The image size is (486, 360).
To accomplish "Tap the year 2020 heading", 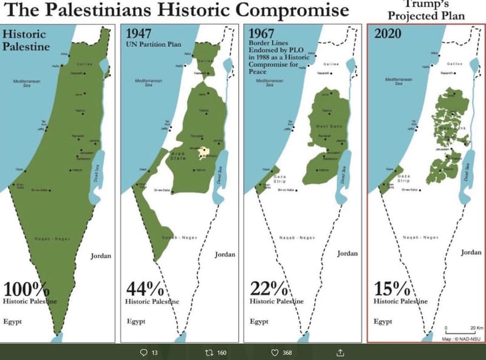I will tap(388, 33).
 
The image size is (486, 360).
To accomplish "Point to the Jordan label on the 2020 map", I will tap(471, 252).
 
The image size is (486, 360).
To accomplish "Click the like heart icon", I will tap(274, 352).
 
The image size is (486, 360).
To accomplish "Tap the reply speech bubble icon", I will tap(143, 352).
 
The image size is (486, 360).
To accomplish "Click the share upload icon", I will tap(340, 352).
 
